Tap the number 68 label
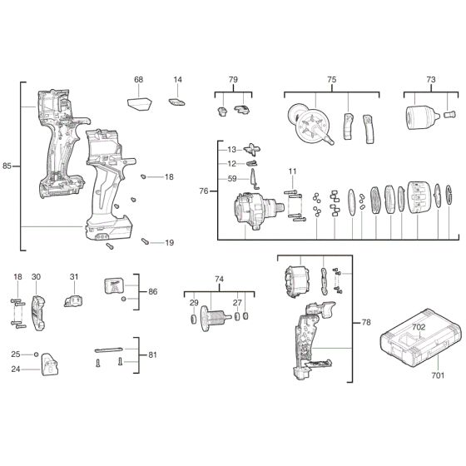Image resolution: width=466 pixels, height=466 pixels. click(138, 80)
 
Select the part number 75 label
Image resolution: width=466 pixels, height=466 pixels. click(331, 80)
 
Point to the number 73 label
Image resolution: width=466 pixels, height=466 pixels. click(430, 80)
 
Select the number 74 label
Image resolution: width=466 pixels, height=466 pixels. click(219, 279)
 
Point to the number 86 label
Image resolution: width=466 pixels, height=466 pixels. click(152, 293)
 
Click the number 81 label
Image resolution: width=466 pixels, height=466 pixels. click(152, 354)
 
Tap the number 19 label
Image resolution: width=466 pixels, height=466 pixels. click(169, 242)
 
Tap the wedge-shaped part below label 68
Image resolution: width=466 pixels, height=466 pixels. click(139, 103)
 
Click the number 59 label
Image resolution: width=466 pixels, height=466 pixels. click(232, 177)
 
